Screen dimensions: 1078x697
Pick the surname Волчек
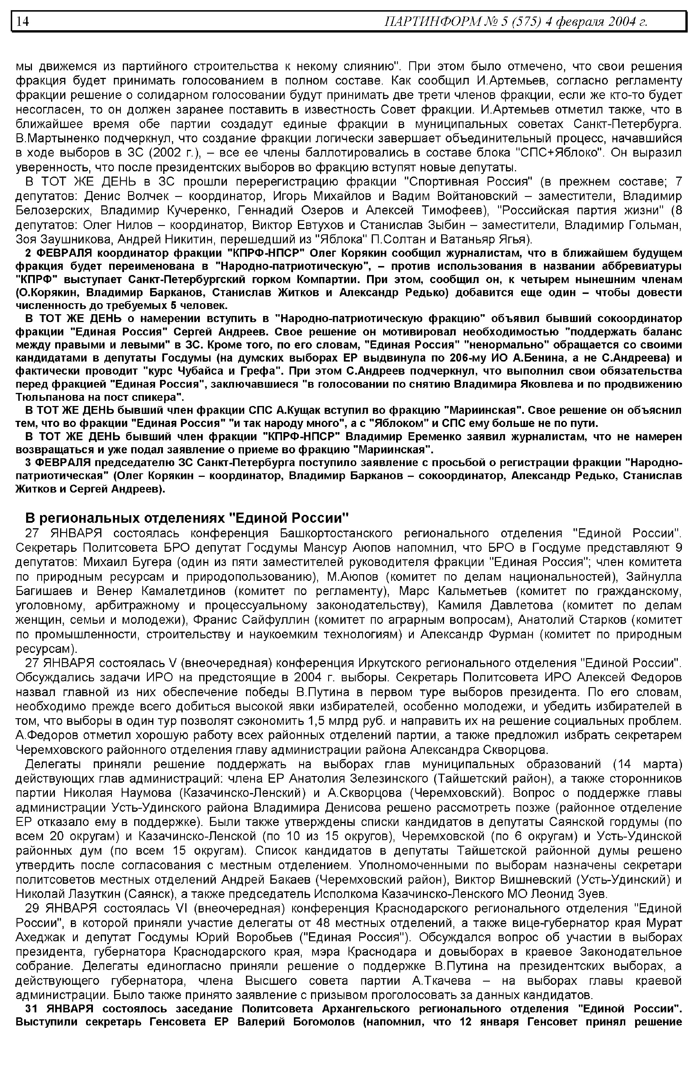(148, 196)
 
